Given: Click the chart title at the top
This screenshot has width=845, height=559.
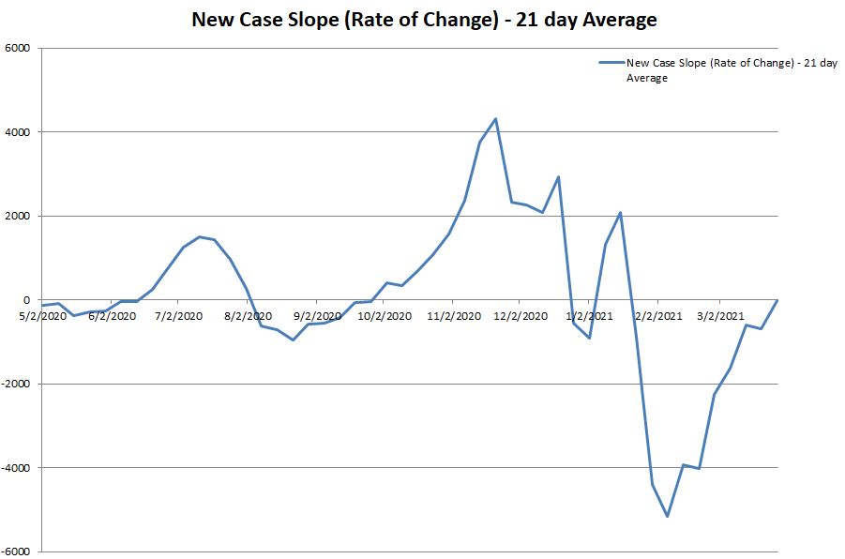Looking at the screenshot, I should pyautogui.click(x=424, y=19).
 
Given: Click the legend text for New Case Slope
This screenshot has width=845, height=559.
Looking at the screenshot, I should pyautogui.click(x=732, y=70).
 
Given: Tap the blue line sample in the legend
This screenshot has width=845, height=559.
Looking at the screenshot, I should pyautogui.click(x=611, y=64).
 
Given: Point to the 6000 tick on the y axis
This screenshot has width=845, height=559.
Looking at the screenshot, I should pyautogui.click(x=17, y=49).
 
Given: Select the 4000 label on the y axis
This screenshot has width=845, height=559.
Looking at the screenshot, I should pyautogui.click(x=17, y=132).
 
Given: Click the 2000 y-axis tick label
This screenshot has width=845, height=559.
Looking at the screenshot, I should pyautogui.click(x=17, y=217).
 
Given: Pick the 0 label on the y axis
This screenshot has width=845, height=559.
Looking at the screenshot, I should pyautogui.click(x=26, y=300).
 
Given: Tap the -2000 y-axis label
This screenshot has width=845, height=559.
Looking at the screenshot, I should pyautogui.click(x=16, y=385).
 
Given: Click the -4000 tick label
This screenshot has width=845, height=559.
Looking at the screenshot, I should pyautogui.click(x=16, y=468).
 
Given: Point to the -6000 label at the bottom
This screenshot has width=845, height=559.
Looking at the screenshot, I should pyautogui.click(x=16, y=551).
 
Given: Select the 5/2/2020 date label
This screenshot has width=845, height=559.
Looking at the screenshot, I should pyautogui.click(x=44, y=316).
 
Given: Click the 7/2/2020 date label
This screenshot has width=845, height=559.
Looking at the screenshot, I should pyautogui.click(x=177, y=316).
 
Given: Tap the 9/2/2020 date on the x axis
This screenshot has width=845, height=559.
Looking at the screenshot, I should pyautogui.click(x=316, y=316).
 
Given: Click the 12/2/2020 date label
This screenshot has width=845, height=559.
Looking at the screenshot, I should pyautogui.click(x=521, y=316).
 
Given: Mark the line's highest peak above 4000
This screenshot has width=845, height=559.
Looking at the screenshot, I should pyautogui.click(x=495, y=119).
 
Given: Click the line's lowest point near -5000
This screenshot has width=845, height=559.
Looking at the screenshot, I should pyautogui.click(x=667, y=516).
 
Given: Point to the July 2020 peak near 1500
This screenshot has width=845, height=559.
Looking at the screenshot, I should pyautogui.click(x=199, y=236).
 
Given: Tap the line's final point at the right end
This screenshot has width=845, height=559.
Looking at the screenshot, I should pyautogui.click(x=777, y=300).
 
